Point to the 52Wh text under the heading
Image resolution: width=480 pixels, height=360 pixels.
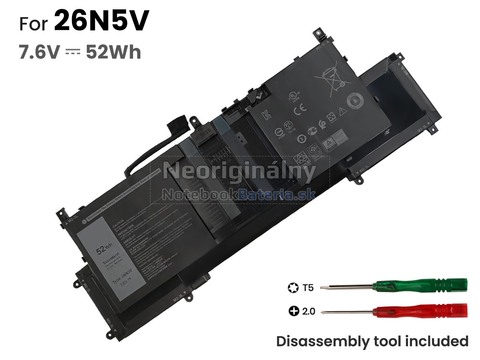pyautogui.click(x=113, y=52)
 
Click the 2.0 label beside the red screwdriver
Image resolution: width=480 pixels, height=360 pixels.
pyautogui.click(x=308, y=311)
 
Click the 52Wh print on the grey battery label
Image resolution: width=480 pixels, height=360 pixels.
pyautogui.click(x=101, y=250)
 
